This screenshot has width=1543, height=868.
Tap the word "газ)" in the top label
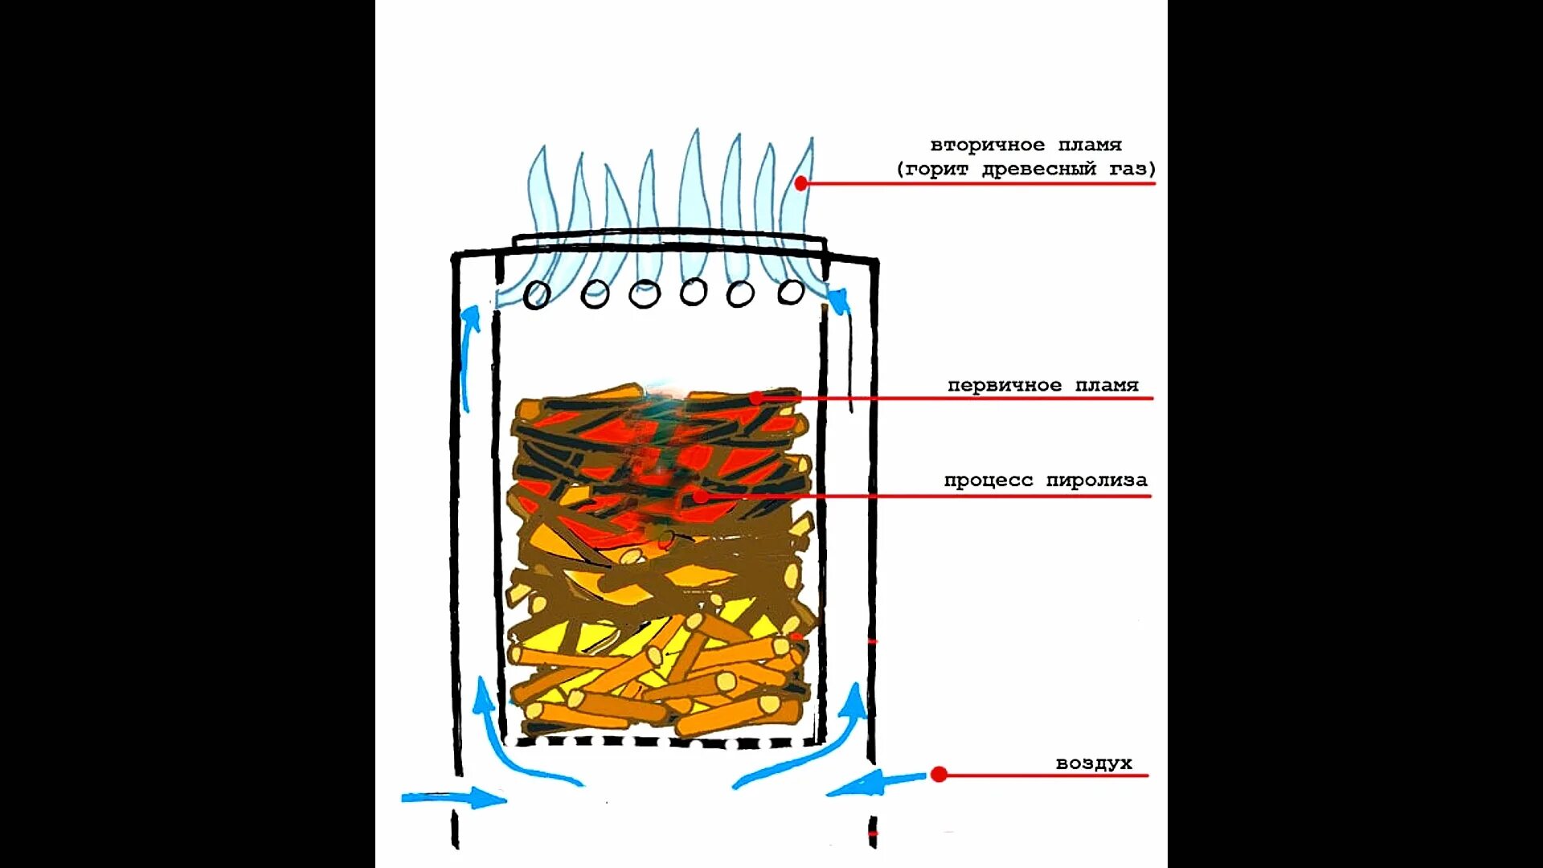tap(1132, 169)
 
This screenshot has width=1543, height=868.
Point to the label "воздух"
tap(1093, 763)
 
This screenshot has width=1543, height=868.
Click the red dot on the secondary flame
tap(800, 183)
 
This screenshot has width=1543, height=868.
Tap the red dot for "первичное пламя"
tap(756, 398)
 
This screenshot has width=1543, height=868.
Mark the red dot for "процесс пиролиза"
tap(701, 496)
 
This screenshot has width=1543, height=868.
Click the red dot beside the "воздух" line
tap(939, 775)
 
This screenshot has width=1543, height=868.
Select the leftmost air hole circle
tap(537, 295)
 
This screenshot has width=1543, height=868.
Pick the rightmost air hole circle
tap(791, 292)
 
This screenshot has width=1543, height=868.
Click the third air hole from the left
tap(644, 294)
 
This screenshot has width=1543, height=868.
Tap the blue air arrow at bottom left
tap(454, 798)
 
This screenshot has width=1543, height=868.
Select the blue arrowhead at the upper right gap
tap(839, 301)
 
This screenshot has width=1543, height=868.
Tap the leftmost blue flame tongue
tap(538, 201)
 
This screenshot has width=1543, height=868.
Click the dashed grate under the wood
tap(663, 742)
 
